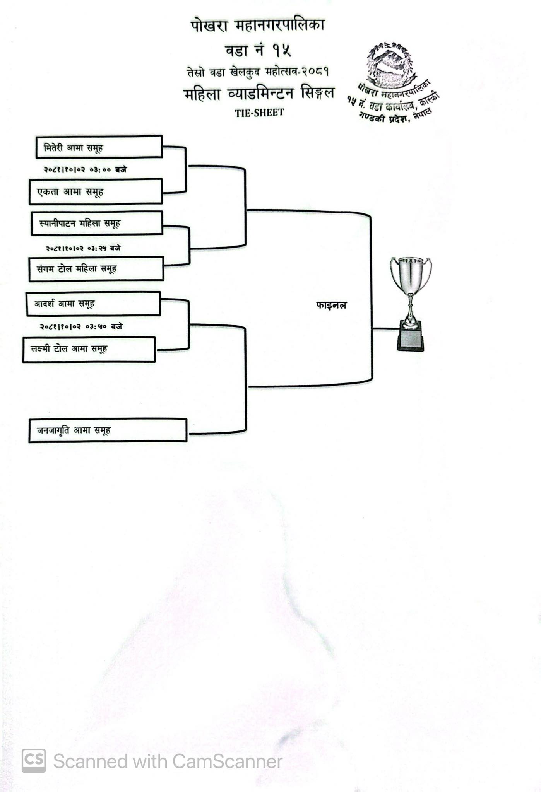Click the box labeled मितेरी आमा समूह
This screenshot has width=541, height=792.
(x=99, y=147)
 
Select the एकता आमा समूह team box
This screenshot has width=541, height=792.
(x=96, y=192)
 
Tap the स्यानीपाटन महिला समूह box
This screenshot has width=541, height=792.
(x=97, y=223)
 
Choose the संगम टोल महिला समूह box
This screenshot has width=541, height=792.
(x=96, y=269)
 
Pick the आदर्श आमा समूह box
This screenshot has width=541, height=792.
(x=93, y=304)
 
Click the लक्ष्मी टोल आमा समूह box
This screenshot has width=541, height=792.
(x=89, y=349)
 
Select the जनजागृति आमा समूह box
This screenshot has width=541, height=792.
(x=108, y=430)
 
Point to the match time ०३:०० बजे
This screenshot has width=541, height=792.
(x=85, y=169)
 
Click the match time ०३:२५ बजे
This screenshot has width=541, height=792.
(x=83, y=248)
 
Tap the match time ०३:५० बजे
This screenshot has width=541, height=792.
(x=81, y=327)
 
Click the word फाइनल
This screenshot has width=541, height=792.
(x=331, y=306)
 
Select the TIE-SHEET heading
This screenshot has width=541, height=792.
(x=259, y=113)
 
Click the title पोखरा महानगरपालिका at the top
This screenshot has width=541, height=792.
(x=257, y=26)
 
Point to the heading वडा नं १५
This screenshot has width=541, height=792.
(x=258, y=50)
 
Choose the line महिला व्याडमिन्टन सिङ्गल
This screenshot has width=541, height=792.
(x=259, y=94)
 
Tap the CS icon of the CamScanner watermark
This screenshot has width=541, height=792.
(x=34, y=761)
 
